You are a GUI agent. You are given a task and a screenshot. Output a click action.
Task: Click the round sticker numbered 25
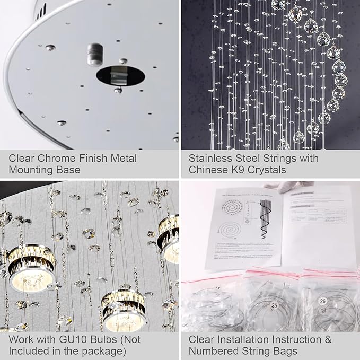274,306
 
